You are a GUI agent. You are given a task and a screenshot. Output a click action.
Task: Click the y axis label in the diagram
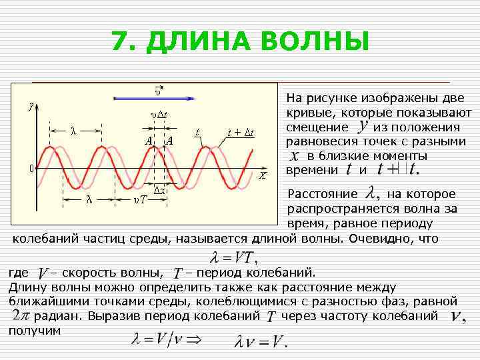30,105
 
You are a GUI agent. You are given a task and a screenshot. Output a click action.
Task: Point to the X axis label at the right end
263,177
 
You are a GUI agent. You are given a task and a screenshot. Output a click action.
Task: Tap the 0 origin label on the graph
31,168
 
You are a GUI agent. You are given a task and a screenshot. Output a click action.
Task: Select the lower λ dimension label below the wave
89,199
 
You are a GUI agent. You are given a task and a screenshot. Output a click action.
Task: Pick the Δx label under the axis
161,191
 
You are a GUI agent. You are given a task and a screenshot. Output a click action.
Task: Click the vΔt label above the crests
158,114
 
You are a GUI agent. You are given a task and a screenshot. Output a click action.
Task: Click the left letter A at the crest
149,141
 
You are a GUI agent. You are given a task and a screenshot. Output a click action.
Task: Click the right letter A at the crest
169,141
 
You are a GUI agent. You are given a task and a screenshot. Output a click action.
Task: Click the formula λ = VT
234,257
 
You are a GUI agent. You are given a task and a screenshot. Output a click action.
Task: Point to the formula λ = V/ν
155,338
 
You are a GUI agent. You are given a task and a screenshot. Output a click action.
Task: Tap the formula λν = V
261,343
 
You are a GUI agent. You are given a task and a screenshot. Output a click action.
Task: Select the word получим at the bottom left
35,330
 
